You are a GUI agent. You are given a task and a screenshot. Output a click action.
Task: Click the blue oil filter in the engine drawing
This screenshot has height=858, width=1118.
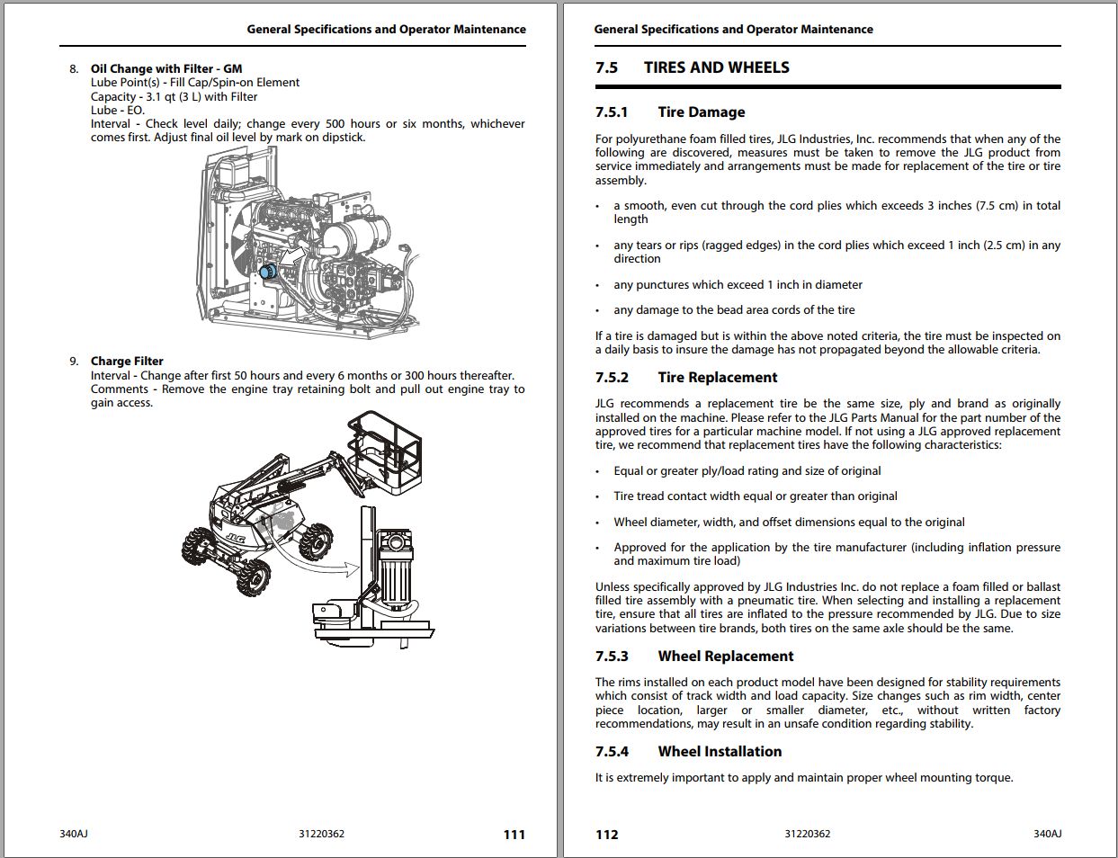(266, 271)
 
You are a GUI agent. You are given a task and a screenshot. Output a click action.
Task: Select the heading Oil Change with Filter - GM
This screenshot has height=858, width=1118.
(166, 68)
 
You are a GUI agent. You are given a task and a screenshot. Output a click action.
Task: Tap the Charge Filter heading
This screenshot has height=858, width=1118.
(127, 361)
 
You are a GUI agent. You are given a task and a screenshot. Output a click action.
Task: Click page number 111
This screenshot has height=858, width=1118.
(514, 835)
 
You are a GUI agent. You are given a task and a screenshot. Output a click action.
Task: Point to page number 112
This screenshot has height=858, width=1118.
(607, 835)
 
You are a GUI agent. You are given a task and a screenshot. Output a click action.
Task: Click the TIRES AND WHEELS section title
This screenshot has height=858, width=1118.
(716, 67)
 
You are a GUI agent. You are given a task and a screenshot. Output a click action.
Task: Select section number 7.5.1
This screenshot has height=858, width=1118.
(612, 112)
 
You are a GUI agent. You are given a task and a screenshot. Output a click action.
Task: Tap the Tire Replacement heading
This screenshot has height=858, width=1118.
(717, 378)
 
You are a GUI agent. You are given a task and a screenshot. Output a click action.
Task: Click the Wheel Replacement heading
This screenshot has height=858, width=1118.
(725, 657)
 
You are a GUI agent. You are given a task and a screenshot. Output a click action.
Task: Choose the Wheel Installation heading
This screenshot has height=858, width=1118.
(720, 752)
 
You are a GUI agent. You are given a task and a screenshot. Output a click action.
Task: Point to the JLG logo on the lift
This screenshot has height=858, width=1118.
(236, 538)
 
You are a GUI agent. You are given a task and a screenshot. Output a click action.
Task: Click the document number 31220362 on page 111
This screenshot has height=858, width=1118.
(321, 834)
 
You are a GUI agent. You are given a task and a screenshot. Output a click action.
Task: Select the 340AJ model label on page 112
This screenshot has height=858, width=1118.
(1047, 834)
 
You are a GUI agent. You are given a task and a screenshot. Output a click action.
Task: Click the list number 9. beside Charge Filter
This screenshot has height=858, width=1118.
(74, 361)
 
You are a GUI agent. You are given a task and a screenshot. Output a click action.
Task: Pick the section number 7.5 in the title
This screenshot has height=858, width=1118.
(606, 67)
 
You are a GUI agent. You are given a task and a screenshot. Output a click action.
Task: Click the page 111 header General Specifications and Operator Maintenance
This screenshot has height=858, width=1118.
(386, 29)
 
